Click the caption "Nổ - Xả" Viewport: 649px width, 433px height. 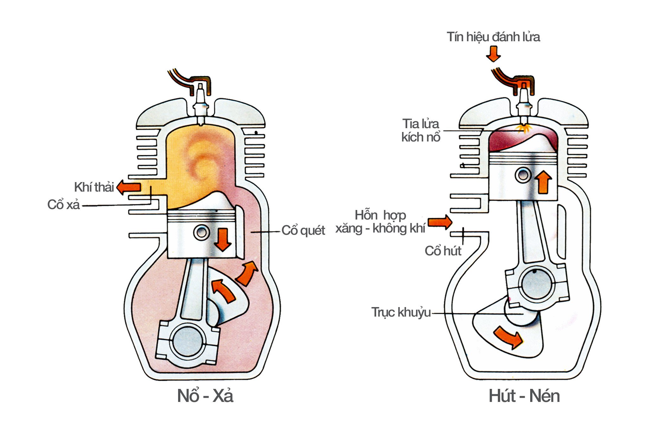click(205, 396)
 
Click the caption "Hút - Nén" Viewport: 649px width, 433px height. click(524, 396)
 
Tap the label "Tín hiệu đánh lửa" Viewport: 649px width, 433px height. click(493, 37)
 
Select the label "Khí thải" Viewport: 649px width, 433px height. click(94, 187)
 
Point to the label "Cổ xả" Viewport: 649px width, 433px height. click(63, 205)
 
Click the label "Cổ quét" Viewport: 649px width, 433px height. click(303, 231)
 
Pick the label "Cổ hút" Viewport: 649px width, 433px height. click(443, 251)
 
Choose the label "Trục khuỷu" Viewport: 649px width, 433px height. click(401, 312)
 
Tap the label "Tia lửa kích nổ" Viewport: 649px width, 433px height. click(421, 130)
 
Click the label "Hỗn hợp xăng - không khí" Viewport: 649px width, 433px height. click(380, 222)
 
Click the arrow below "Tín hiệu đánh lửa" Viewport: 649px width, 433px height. click(493, 54)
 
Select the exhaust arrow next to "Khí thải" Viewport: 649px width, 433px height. click(129, 187)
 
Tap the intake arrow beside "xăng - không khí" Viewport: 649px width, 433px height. click(440, 222)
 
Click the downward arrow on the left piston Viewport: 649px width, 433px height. click(223, 239)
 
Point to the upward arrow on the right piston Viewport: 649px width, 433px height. click(543, 182)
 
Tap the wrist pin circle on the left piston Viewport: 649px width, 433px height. click(202, 233)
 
